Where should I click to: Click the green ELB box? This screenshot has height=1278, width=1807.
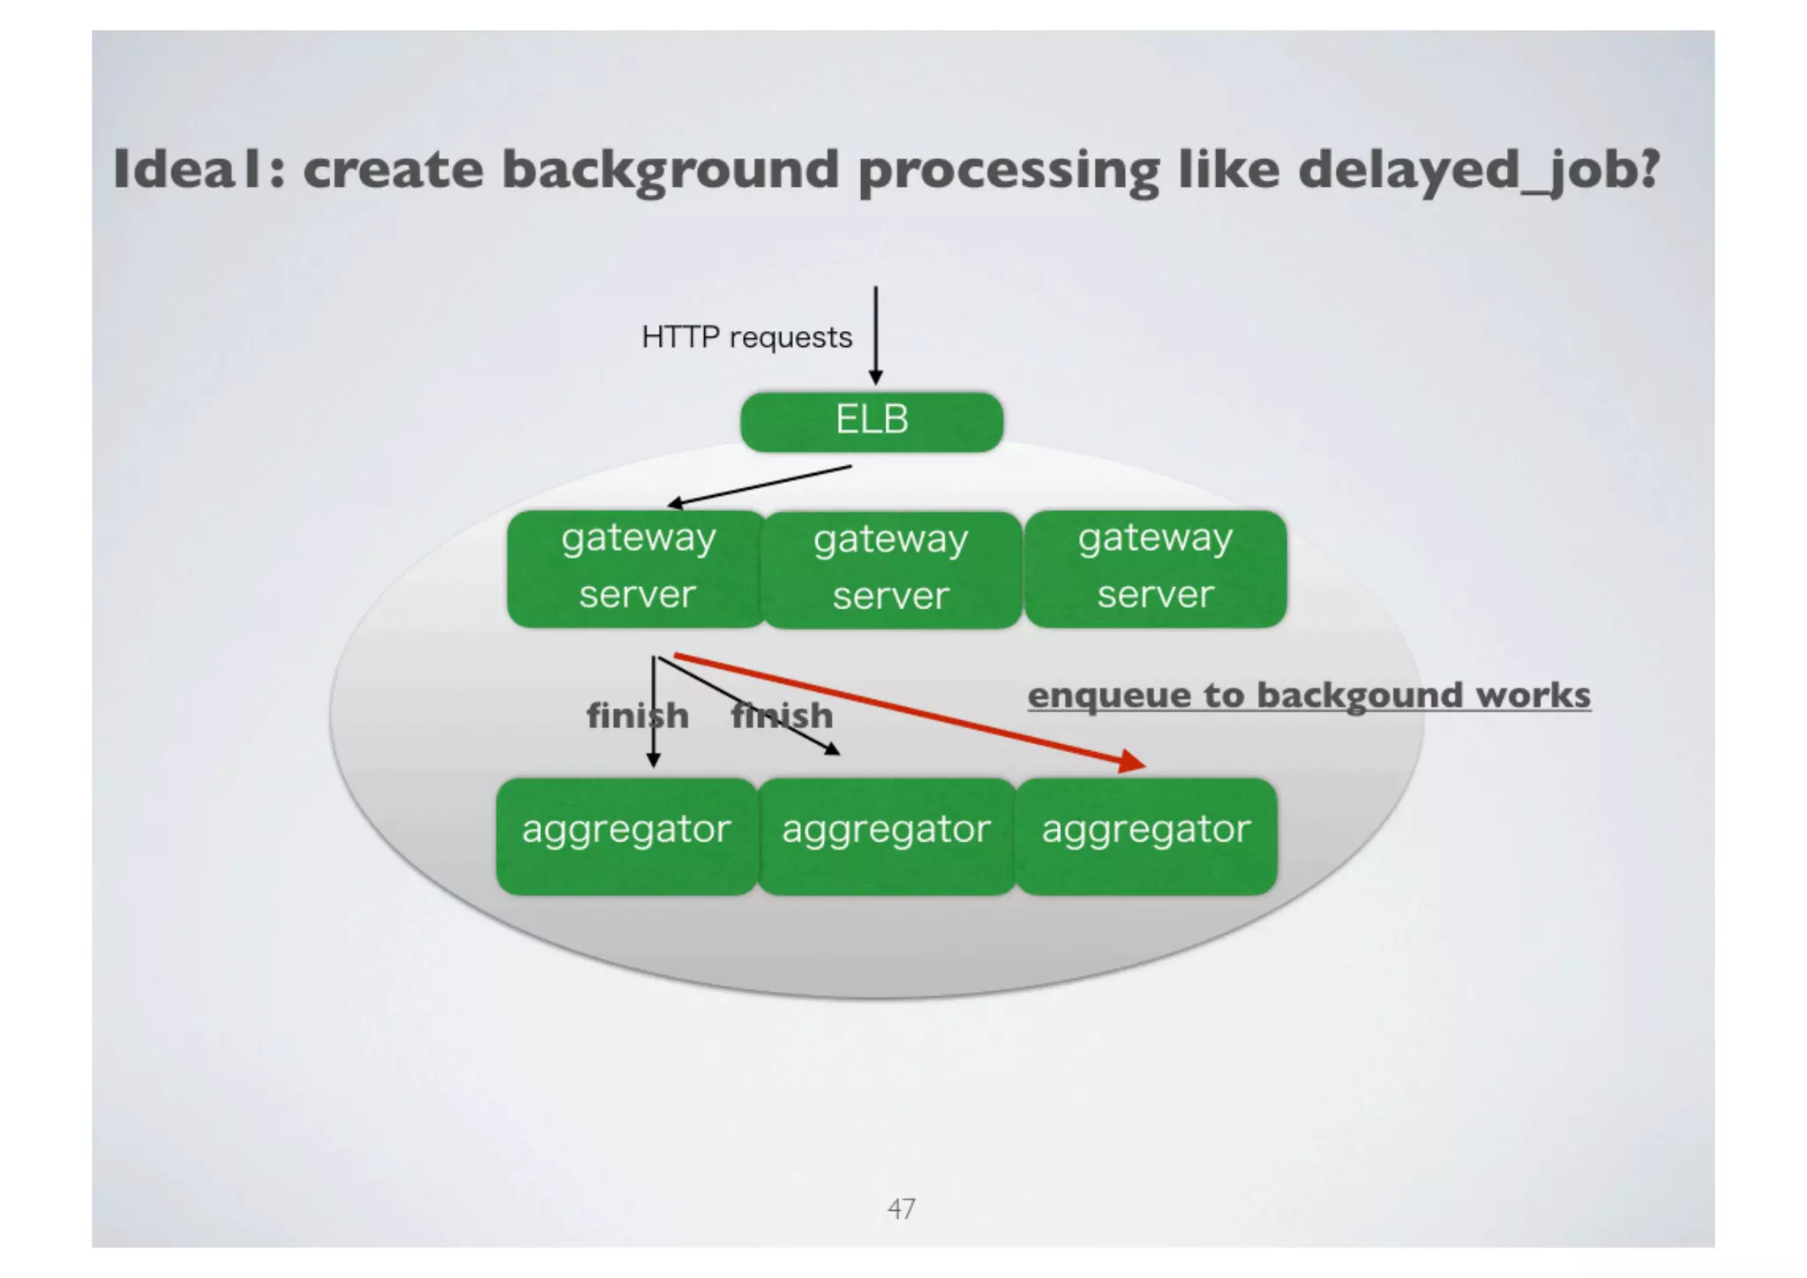(x=872, y=421)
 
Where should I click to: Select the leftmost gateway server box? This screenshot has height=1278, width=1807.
(x=637, y=568)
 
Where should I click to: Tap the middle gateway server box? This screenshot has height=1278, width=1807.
(x=891, y=568)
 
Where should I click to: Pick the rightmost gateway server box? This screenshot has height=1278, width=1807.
(x=1155, y=568)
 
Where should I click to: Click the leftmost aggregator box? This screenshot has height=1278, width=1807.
(x=626, y=835)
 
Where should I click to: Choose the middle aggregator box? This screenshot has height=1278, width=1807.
(x=886, y=835)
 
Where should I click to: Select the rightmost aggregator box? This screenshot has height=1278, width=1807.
(x=1146, y=835)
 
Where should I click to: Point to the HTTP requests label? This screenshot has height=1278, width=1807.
(x=746, y=337)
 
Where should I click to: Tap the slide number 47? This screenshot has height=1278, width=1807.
(x=901, y=1208)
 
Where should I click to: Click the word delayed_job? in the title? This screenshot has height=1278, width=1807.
(x=1479, y=169)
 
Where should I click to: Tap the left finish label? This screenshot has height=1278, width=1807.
(x=637, y=716)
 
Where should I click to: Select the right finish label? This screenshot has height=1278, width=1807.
(x=782, y=716)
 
